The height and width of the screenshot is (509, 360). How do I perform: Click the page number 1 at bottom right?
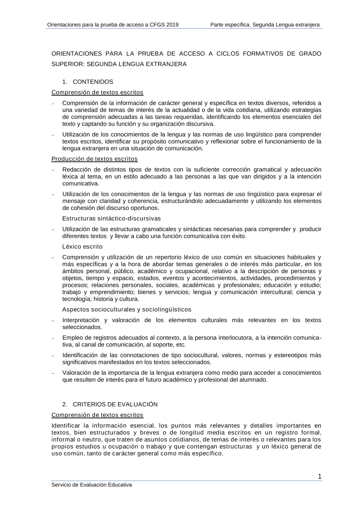(x=320, y=477)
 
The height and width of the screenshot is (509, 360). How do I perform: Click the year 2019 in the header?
(x=172, y=25)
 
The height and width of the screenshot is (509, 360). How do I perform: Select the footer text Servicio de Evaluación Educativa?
(x=92, y=485)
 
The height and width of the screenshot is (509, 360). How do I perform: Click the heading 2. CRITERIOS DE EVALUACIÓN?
(x=110, y=404)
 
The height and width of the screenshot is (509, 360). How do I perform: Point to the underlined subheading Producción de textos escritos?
(x=94, y=159)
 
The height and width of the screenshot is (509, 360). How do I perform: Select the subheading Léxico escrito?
(x=82, y=247)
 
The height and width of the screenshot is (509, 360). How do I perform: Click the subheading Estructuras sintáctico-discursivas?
(x=112, y=219)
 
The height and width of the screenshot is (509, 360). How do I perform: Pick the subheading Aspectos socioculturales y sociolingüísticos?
(x=127, y=310)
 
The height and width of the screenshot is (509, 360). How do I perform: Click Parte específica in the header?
(x=230, y=25)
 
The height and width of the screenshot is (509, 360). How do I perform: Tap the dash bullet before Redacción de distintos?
(x=53, y=170)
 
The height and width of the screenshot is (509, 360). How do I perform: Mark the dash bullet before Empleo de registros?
(x=53, y=338)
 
